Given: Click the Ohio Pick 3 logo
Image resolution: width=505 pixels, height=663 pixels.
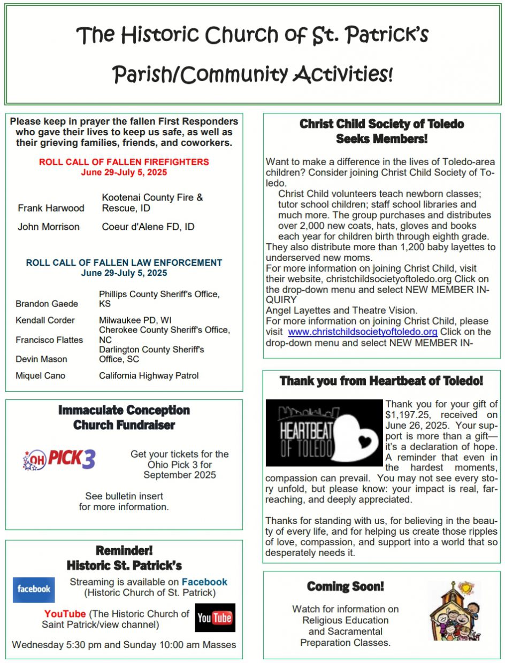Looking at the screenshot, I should pos(59,459).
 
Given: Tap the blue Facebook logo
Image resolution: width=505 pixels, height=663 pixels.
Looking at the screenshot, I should pos(34,589).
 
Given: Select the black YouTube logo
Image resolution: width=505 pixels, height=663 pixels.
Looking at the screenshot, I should pos(215,618).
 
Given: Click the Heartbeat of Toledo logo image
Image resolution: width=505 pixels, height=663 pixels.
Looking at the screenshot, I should pos(324,433).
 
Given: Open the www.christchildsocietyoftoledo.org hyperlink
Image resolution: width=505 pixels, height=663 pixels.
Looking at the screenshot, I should pos(363,331).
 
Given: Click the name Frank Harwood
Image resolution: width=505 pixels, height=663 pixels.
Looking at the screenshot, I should pos(51,207).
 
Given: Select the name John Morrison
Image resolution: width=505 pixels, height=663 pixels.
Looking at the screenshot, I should pos(49,227).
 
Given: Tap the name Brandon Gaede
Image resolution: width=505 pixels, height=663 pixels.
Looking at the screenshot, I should pos(47,304).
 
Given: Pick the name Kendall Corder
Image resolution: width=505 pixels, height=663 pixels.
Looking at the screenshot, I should pos(45,320).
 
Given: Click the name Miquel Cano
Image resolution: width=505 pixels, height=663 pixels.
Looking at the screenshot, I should pos(41,376).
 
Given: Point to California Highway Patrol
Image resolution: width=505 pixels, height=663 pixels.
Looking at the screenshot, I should pos(149,376).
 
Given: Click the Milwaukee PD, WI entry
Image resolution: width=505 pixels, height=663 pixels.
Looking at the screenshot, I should pos(131,320).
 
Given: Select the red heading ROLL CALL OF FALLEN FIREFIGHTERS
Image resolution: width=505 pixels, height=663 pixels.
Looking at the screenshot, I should pos(124,162).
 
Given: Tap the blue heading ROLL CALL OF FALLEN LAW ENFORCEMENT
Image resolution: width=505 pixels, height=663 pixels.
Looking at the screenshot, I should pos(124,263).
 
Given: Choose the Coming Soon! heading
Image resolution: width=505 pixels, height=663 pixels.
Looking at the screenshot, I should pos(346,587).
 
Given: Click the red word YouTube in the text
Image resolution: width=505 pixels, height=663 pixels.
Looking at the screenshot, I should pos(65,614).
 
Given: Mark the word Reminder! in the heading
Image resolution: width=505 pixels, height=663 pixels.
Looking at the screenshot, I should pos(124,551).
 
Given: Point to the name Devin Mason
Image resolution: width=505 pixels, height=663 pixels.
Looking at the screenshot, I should pos(42,359).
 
